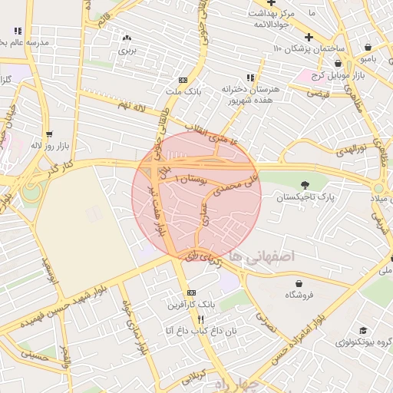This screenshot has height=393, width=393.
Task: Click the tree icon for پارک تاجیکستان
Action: click(306, 184)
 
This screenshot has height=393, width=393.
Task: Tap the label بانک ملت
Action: click(183, 91)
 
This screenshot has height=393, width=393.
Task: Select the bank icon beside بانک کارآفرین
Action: click(191, 292)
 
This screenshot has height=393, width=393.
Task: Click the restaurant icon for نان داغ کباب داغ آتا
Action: click(200, 319)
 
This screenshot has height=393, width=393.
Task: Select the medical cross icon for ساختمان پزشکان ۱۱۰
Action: click(309, 37)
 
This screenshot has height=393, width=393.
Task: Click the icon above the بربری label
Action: click(127, 38)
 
